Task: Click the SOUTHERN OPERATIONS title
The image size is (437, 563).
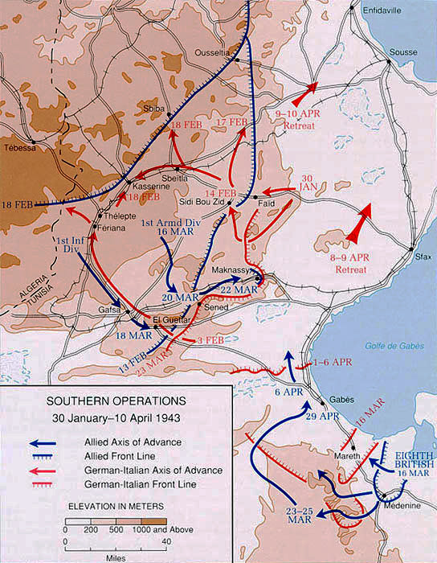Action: pyautogui.click(x=116, y=400)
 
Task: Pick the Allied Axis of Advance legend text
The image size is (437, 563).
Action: pyautogui.click(x=126, y=442)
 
